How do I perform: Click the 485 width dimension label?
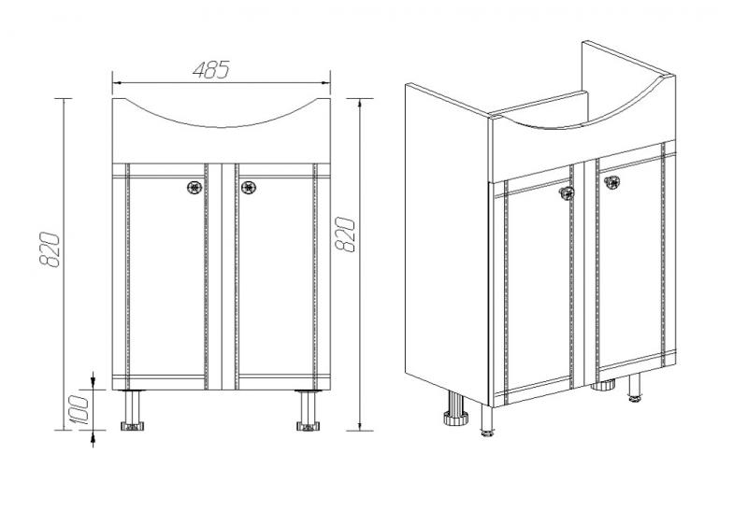pyautogui.click(x=211, y=69)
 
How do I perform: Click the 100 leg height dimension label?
pyautogui.click(x=79, y=409)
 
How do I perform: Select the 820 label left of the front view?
pyautogui.click(x=50, y=249)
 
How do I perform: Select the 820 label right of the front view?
pyautogui.click(x=345, y=234)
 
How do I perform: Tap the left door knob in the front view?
pyautogui.click(x=194, y=187)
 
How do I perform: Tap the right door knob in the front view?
pyautogui.click(x=249, y=187)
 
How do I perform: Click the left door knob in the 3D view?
pyautogui.click(x=567, y=192)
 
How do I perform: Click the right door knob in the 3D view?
pyautogui.click(x=611, y=181)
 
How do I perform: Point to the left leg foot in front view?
pyautogui.click(x=132, y=426)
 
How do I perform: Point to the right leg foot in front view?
pyautogui.click(x=309, y=426)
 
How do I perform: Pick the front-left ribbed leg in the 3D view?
pyautogui.click(x=456, y=408)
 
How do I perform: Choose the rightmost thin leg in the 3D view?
pyautogui.click(x=635, y=388)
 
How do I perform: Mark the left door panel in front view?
pyautogui.click(x=166, y=277)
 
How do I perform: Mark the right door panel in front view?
pyautogui.click(x=276, y=277)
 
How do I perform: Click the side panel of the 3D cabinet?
pyautogui.click(x=447, y=243)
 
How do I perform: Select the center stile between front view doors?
pyautogui.click(x=222, y=277)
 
